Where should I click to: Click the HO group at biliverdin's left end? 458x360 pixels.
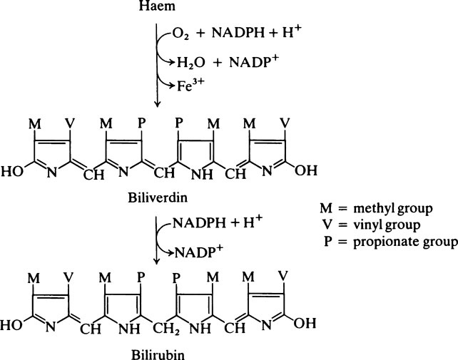14,171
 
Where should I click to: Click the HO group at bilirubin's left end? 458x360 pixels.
14,329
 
